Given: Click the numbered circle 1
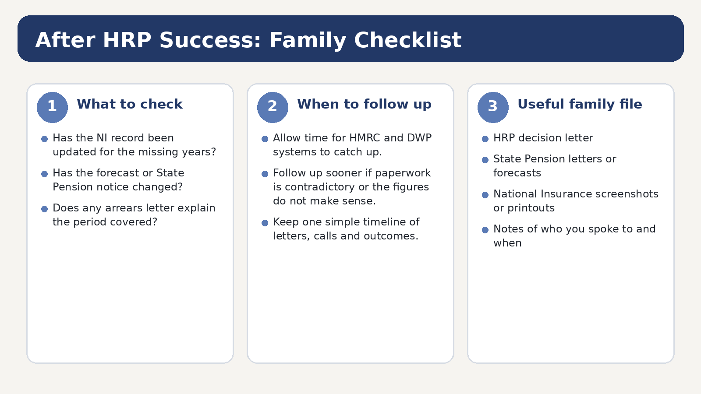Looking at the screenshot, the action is click(52, 107).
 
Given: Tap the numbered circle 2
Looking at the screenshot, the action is click(273, 107).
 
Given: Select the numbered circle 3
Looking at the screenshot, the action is click(493, 107).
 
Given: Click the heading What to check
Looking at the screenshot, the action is click(130, 104).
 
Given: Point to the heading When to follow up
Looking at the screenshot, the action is click(364, 105).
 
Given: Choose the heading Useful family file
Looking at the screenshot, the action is click(580, 105).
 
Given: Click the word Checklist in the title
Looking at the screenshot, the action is click(408, 40).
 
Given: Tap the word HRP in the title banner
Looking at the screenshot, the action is click(127, 40).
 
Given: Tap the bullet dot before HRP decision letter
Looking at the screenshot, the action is click(485, 139).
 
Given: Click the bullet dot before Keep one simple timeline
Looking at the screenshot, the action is click(265, 223).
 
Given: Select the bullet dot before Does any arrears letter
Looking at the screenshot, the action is click(44, 209).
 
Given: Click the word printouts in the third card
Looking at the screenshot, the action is click(531, 208).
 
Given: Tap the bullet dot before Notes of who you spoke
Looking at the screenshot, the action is click(485, 230).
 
